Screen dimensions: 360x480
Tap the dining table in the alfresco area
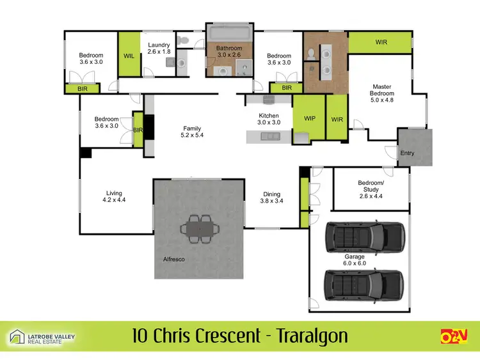point(199,228)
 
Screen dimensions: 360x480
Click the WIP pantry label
point(310,118)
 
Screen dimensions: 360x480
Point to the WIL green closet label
point(127,56)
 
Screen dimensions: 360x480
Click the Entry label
point(407,153)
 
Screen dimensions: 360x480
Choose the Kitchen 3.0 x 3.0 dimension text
point(269,122)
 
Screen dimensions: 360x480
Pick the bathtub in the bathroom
point(228,33)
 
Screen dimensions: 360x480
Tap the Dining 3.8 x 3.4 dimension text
point(273,201)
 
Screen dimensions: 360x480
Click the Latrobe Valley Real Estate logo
point(47,337)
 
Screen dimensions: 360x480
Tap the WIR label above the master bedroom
point(381,42)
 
